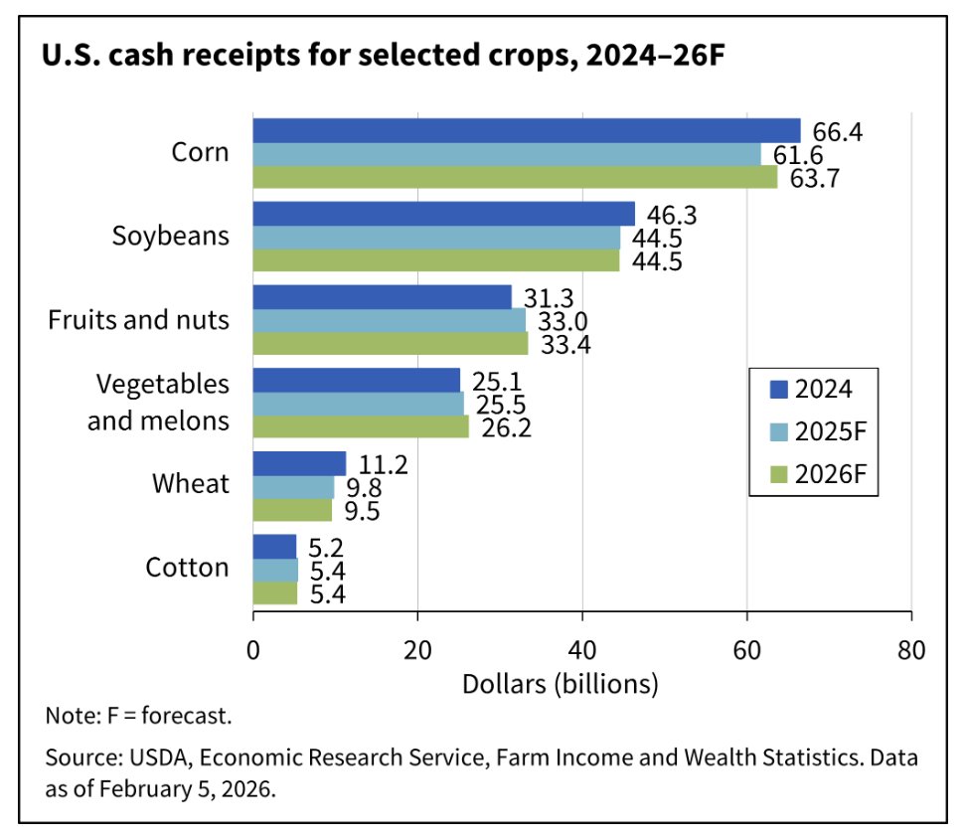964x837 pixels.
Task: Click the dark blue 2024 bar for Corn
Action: (527, 130)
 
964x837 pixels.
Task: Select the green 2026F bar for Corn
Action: (515, 177)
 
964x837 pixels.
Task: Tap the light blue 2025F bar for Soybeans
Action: (436, 238)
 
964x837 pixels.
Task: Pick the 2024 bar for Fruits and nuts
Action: (382, 297)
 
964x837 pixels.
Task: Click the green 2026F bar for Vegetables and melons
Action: (361, 426)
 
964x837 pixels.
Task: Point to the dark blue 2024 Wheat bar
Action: (299, 463)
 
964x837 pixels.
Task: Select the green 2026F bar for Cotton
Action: (275, 593)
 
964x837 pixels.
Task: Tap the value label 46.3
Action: (670, 214)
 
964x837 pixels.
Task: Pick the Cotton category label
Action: (187, 569)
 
